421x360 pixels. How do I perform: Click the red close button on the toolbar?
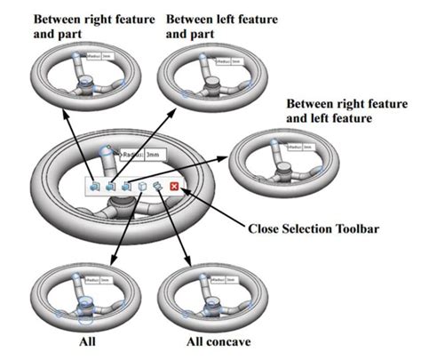click(x=174, y=187)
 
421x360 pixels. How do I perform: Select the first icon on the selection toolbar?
click(x=94, y=187)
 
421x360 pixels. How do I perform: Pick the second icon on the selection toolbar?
click(x=110, y=187)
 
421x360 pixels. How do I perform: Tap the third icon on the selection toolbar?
click(x=126, y=187)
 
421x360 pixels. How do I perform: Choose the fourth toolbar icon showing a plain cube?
click(x=142, y=187)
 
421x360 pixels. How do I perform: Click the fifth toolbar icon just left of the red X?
click(x=157, y=187)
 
